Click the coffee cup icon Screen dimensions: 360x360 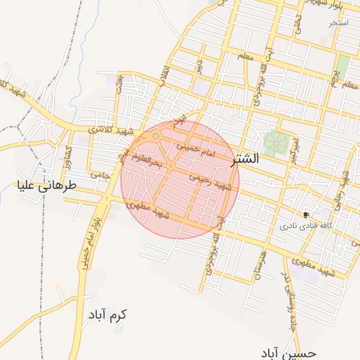pos(306,214)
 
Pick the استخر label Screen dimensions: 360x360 pos(339,22)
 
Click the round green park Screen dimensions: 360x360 pos(276,143)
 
